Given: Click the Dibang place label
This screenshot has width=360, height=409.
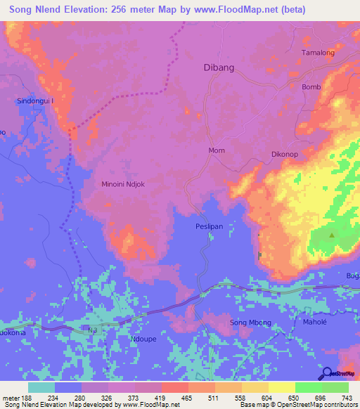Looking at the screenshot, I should (x=218, y=68).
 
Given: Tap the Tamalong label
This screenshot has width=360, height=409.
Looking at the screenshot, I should (x=317, y=53).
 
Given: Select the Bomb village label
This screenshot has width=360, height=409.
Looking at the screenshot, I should (x=311, y=87).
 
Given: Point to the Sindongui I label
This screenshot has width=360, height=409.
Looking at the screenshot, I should (x=35, y=101).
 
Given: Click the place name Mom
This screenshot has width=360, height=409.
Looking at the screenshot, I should (x=217, y=150).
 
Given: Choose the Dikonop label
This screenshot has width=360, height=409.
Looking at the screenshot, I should (x=286, y=153).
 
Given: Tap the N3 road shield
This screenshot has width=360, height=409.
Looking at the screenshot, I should (x=93, y=328).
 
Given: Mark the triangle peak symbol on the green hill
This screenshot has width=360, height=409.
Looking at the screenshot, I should (x=332, y=235).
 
